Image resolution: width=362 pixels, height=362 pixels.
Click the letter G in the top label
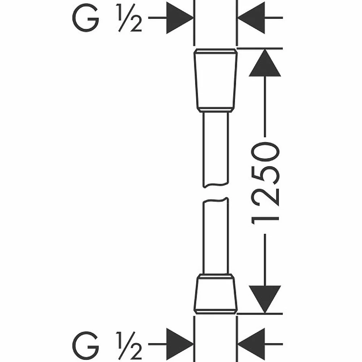point(86,18)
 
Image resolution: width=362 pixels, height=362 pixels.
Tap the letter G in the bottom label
point(86,345)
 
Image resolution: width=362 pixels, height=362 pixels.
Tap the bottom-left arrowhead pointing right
point(179,342)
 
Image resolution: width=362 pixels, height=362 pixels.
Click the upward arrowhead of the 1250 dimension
point(265,63)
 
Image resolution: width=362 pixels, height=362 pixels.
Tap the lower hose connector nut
point(216,294)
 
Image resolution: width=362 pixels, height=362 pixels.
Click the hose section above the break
point(216,148)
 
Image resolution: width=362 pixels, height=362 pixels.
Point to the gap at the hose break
point(216,193)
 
